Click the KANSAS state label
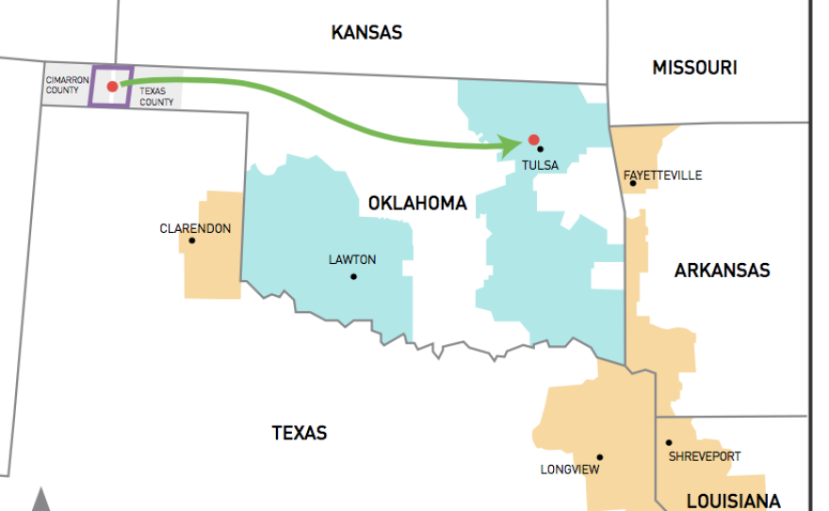[366, 33]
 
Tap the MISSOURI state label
[694, 68]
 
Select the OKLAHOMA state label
[417, 204]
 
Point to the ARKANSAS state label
[722, 272]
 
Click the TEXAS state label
[300, 434]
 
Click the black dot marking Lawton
[353, 276]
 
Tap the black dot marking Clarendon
[192, 239]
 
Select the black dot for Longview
[599, 457]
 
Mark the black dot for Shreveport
[668, 442]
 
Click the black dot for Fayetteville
[633, 183]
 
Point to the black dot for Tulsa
[540, 149]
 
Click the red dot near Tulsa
[533, 140]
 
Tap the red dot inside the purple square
[112, 86]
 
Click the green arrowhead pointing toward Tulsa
[512, 146]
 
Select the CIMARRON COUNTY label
[63, 86]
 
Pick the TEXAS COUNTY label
[156, 95]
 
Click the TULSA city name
[540, 166]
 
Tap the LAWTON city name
[352, 259]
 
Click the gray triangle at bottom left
[41, 502]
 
